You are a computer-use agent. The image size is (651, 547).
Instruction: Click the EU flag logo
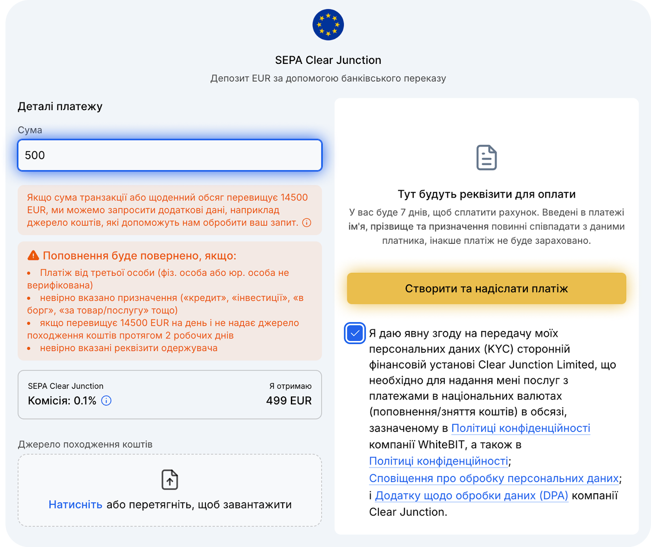tap(328, 25)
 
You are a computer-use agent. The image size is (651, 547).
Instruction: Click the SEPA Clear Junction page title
tap(328, 60)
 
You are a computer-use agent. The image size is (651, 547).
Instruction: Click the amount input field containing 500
tap(170, 155)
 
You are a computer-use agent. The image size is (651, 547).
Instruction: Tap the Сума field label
tap(30, 130)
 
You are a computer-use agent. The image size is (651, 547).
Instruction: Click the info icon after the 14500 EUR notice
tap(307, 222)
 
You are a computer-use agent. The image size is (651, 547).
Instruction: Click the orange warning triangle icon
tap(33, 255)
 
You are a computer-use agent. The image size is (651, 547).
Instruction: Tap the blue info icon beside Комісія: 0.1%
tap(106, 401)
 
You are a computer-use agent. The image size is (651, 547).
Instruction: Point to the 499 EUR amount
tap(288, 401)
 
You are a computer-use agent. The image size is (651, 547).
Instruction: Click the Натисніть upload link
tap(75, 504)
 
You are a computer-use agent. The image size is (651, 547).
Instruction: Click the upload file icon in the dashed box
tap(170, 479)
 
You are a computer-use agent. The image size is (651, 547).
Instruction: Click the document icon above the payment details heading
tap(486, 157)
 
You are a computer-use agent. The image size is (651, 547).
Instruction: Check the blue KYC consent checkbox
tap(355, 333)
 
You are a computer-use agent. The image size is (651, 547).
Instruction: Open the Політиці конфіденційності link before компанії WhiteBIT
tap(520, 428)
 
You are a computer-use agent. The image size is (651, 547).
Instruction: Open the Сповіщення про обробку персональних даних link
tap(494, 478)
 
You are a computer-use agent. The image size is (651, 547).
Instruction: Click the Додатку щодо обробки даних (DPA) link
tap(471, 495)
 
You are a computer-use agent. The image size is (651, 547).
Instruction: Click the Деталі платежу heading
tap(60, 107)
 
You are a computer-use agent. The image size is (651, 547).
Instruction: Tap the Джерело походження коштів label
tap(85, 445)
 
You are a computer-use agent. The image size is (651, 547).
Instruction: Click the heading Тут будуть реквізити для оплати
tap(486, 194)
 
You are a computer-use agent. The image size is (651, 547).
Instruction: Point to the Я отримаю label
tap(290, 386)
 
